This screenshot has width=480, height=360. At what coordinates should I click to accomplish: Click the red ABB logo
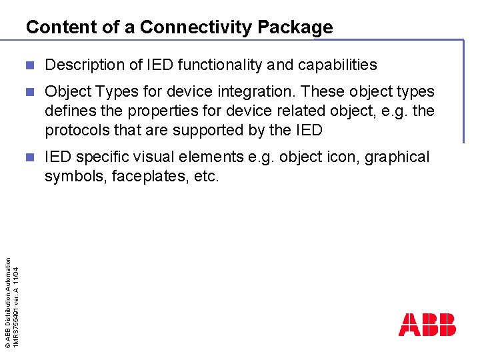[427, 325]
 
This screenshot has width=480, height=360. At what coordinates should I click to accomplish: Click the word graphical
[397, 157]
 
